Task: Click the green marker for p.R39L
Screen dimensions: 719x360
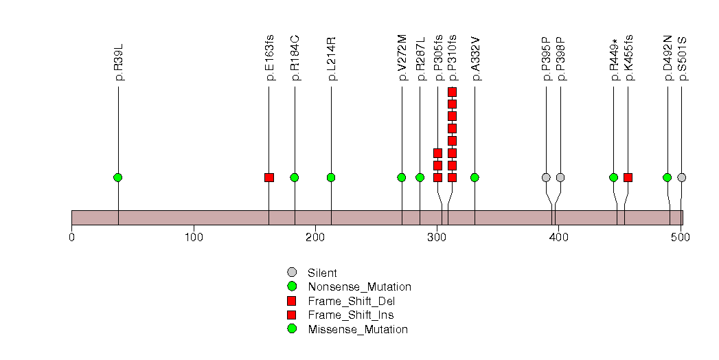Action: pyautogui.click(x=118, y=177)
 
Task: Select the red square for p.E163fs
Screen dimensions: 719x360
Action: pyautogui.click(x=269, y=177)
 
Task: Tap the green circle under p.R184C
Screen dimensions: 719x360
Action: pyautogui.click(x=295, y=177)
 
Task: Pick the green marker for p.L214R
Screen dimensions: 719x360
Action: pyautogui.click(x=331, y=177)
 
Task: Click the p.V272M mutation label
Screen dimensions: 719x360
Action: pyautogui.click(x=402, y=57)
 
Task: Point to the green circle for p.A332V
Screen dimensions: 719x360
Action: pyautogui.click(x=475, y=177)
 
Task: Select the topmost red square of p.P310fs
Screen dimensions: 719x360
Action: pyautogui.click(x=452, y=92)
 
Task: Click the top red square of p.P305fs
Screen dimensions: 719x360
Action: pyautogui.click(x=438, y=153)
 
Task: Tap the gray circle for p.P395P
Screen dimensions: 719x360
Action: pyautogui.click(x=546, y=177)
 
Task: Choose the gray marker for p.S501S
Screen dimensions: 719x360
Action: pyautogui.click(x=682, y=177)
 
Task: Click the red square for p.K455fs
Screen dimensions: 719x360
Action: pyautogui.click(x=628, y=177)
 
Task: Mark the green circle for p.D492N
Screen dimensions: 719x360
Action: pyautogui.click(x=667, y=177)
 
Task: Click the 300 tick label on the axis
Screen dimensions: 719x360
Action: pyautogui.click(x=437, y=237)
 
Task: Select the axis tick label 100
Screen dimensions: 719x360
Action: pyautogui.click(x=194, y=237)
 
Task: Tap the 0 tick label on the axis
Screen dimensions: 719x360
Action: pyautogui.click(x=71, y=237)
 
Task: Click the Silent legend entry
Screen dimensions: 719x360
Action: pyautogui.click(x=322, y=273)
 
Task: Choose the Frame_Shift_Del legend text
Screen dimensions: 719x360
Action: pyautogui.click(x=351, y=302)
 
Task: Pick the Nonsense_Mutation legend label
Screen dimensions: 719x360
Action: pyautogui.click(x=360, y=287)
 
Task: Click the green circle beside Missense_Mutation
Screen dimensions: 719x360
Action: pyautogui.click(x=292, y=329)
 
